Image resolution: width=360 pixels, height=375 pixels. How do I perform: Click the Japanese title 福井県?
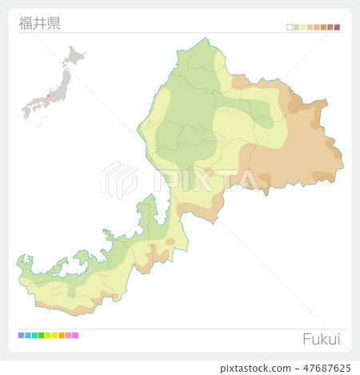point(40,22)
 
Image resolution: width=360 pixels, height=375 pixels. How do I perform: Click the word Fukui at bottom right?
point(321,339)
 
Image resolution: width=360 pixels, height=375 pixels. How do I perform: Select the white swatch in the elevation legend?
point(290,27)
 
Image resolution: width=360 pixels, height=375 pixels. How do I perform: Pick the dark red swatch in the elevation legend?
point(337,27)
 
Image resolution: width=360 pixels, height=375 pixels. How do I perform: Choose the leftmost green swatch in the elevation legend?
point(297,27)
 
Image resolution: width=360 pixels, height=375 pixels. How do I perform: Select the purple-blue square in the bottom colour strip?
point(20,335)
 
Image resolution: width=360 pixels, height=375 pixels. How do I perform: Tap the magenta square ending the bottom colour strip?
point(75,335)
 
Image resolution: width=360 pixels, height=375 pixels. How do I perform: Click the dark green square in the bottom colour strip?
point(41,335)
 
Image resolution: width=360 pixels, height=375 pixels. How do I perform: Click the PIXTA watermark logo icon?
point(119,179)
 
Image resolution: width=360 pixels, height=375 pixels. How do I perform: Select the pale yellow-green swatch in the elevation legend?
point(303,27)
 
